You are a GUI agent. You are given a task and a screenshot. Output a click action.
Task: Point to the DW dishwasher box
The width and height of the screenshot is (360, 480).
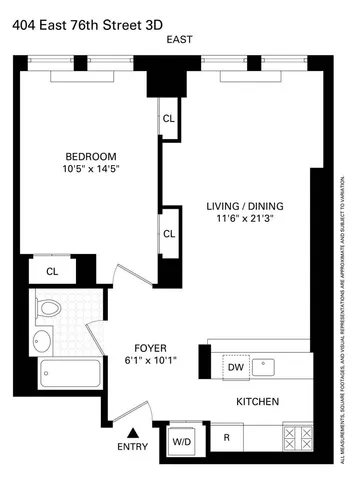[236, 368]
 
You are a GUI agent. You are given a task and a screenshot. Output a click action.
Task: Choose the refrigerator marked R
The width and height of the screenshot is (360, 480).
[227, 437]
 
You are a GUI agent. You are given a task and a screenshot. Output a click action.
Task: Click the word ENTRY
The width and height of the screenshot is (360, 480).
[132, 447]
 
